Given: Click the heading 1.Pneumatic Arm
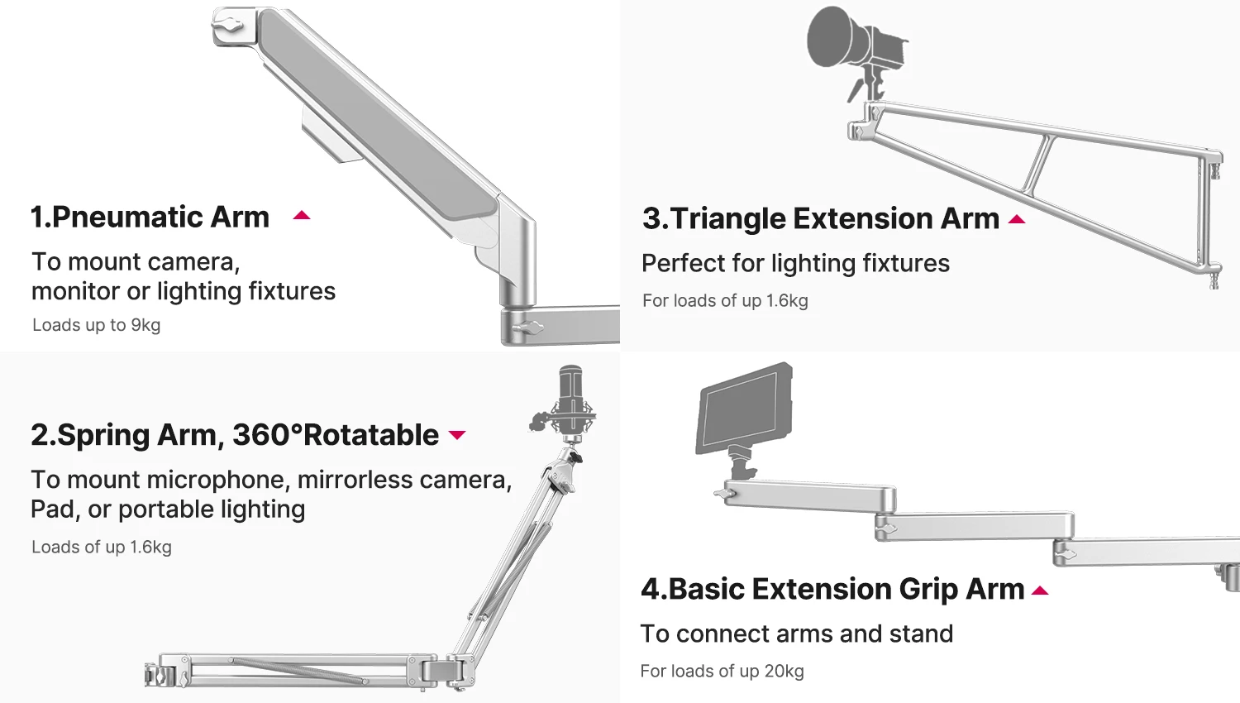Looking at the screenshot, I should point(150,217).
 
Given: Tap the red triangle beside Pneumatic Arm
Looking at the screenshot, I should point(302,216).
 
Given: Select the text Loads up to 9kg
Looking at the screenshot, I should point(96,325).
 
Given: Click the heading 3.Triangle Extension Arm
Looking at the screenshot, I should point(820,218).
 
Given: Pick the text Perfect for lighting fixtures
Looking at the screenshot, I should point(795,263).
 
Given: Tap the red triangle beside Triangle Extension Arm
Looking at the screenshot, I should point(1017,220).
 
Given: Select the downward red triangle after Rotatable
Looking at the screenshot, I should point(457,435).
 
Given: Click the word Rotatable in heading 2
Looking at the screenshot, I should point(372,435).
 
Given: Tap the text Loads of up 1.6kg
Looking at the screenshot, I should point(102,547).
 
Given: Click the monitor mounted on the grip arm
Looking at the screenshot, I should point(744,409).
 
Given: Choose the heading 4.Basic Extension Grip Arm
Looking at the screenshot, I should point(832,589).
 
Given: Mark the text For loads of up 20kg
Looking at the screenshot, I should point(722,671).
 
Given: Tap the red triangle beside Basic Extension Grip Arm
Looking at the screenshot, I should point(1040,591).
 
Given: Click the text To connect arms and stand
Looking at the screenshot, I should point(796,634).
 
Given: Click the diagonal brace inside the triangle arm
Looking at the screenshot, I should point(1039,163).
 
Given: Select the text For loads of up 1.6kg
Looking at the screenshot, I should point(725,300).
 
